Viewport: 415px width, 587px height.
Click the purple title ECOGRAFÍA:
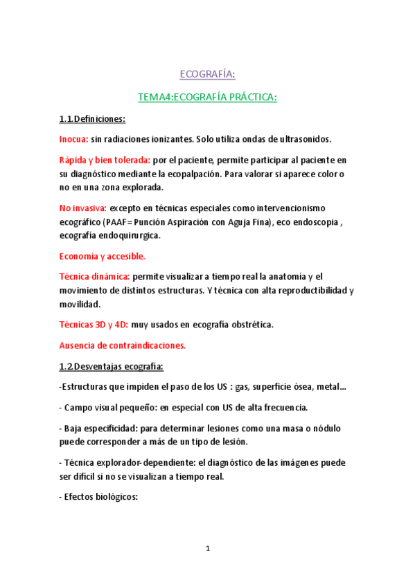coord(207,73)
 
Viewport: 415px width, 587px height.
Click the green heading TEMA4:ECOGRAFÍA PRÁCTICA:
coord(207,98)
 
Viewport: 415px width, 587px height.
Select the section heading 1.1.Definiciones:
coord(92,119)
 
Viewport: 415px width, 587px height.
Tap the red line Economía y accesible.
coord(102,256)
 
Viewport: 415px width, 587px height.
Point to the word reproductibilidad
coord(304,290)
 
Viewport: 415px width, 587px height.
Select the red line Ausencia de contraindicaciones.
coord(122,345)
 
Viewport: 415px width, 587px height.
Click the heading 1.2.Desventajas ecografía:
coord(111,366)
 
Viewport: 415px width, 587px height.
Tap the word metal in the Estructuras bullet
coord(326,386)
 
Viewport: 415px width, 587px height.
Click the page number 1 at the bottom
coord(207,549)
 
